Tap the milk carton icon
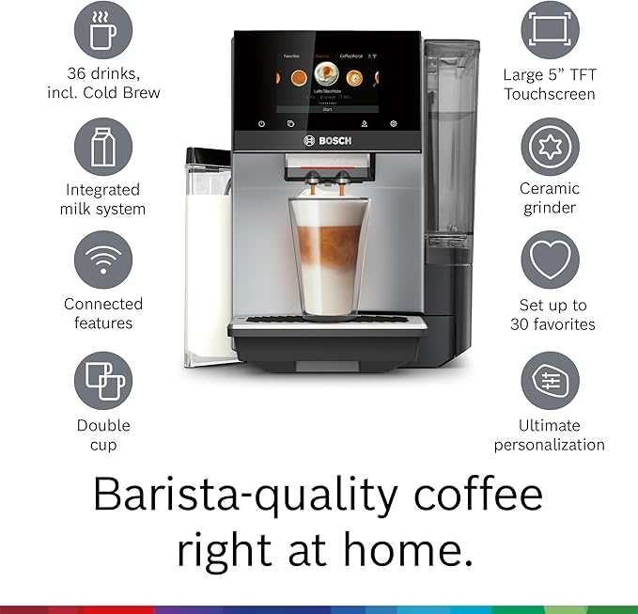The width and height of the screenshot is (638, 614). pos(103,147)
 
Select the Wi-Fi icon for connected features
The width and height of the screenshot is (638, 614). pos(103,260)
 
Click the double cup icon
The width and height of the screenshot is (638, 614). pos(103,381)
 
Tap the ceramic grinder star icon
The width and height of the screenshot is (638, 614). pos(550,147)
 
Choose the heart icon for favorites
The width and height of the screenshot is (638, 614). pos(550,260)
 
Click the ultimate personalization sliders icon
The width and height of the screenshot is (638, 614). pos(550,381)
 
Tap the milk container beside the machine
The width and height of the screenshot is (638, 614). pos(208,254)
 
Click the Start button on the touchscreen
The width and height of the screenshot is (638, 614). pos(327,109)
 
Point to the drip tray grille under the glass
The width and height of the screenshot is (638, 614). pos(327,320)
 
